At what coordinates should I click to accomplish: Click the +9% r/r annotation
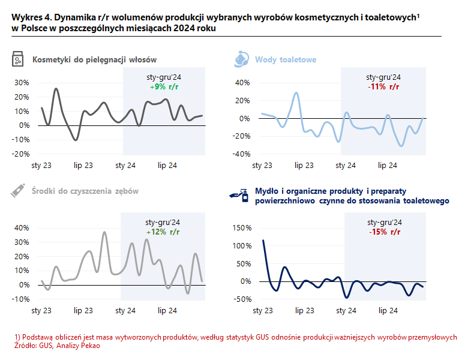point(164,87)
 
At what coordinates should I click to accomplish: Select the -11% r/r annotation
point(383,87)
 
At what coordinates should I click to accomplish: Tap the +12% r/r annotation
point(163,232)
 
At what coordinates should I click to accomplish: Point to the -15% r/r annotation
point(385,232)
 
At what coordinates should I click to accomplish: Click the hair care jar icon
point(18,59)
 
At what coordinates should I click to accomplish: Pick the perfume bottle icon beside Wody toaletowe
point(241,59)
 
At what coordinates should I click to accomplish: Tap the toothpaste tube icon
point(17,191)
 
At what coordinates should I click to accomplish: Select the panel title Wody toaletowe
point(286,59)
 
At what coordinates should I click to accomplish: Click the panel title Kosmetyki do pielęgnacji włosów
point(95,59)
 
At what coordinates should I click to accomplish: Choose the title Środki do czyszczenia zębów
point(86,191)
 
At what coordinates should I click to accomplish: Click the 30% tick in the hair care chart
point(22,83)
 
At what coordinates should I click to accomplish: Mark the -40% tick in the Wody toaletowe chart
point(242,154)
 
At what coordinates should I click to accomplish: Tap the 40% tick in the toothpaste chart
point(22,228)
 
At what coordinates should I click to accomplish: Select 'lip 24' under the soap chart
point(388,310)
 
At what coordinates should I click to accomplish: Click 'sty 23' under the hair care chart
point(41,165)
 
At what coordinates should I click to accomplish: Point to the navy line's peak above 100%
point(263,241)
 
